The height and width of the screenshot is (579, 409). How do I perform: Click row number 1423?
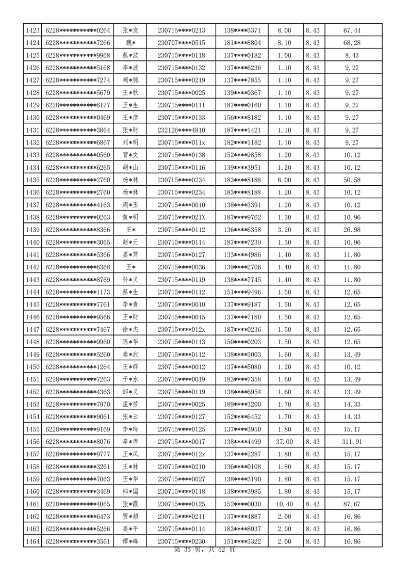[x=32, y=30]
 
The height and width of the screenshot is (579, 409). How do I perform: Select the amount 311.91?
[x=352, y=442]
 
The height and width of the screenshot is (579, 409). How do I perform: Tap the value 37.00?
[x=284, y=442]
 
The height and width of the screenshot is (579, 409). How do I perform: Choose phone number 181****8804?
[x=242, y=43]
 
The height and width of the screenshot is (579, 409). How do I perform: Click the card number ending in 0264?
[x=78, y=30]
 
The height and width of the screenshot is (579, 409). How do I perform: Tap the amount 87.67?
[x=352, y=504]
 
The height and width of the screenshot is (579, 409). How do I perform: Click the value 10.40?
[x=284, y=504]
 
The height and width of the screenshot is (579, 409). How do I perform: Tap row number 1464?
[x=32, y=541]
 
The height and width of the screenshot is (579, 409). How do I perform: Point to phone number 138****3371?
[x=242, y=30]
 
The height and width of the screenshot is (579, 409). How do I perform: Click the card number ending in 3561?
[x=78, y=541]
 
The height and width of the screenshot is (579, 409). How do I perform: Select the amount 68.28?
[x=352, y=43]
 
